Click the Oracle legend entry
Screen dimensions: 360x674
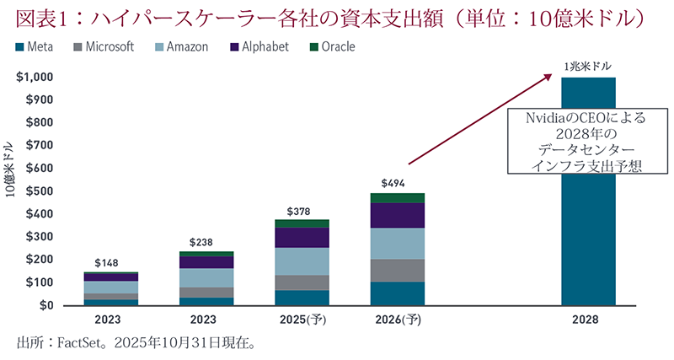pyautogui.click(x=333, y=47)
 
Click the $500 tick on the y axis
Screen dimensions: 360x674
pyautogui.click(x=42, y=191)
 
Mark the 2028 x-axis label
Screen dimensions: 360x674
pyautogui.click(x=588, y=321)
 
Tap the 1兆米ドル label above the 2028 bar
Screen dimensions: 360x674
pyautogui.click(x=588, y=65)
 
